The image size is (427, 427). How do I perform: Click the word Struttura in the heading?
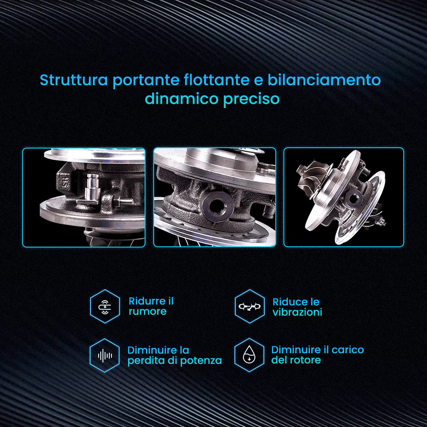coord(74,80)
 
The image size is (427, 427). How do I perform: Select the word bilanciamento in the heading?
coord(324,80)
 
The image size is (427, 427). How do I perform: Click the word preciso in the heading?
coord(252,99)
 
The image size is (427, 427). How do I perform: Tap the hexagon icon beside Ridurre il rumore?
coord(105,306)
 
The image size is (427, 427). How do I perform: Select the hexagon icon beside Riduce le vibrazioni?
coord(250,306)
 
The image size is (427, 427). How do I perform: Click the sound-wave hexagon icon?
coord(105,355)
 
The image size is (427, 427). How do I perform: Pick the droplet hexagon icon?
coord(249,355)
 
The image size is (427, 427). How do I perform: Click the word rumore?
coord(148,312)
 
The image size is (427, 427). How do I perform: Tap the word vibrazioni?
coord(297,312)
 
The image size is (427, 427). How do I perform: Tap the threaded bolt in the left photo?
coord(123,202)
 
